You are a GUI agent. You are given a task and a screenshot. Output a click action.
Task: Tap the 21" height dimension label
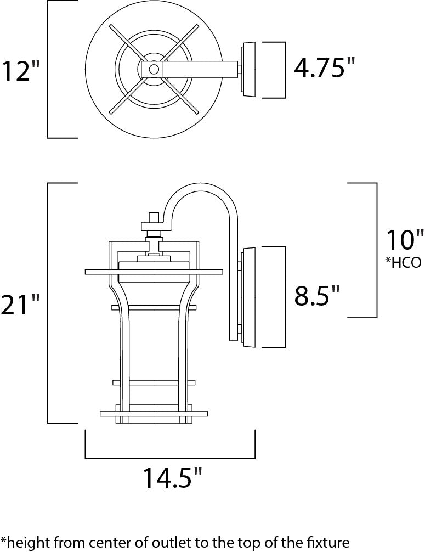(x=20, y=305)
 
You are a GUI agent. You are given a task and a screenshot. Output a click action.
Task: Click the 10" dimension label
(x=405, y=241)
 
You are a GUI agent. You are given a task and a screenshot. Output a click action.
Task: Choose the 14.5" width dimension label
(x=169, y=478)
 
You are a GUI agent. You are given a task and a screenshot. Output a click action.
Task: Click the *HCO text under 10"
(x=403, y=263)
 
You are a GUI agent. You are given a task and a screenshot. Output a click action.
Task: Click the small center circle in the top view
(x=154, y=69)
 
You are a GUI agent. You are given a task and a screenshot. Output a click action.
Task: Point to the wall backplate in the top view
(x=249, y=69)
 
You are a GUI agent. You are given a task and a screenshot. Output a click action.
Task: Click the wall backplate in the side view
(x=249, y=297)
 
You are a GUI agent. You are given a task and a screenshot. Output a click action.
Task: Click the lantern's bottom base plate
(x=155, y=413)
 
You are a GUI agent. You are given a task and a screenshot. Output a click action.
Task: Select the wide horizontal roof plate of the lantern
(x=155, y=271)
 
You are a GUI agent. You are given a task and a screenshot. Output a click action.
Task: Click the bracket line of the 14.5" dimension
(x=170, y=458)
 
